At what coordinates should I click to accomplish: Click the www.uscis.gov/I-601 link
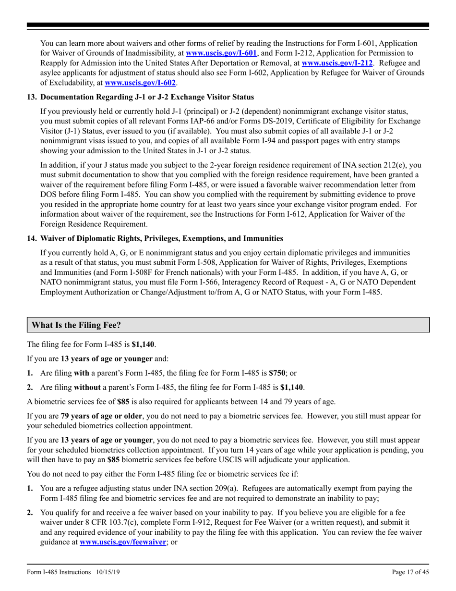222,53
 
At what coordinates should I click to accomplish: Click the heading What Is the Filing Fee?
76,325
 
